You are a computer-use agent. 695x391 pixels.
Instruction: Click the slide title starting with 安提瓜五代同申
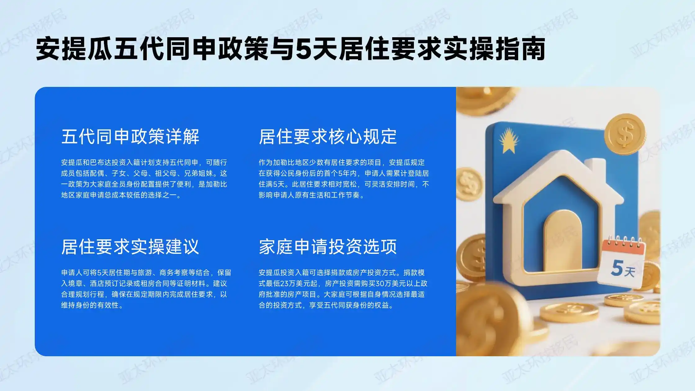[x=290, y=49]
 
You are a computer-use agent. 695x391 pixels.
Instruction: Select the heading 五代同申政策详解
[x=130, y=137]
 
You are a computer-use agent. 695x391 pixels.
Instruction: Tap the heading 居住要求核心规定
[x=328, y=137]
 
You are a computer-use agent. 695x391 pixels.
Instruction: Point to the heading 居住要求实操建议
[x=130, y=247]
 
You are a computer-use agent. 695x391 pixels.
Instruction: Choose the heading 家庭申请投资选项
[x=328, y=247]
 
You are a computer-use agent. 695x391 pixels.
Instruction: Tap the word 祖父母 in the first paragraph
[x=166, y=173]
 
